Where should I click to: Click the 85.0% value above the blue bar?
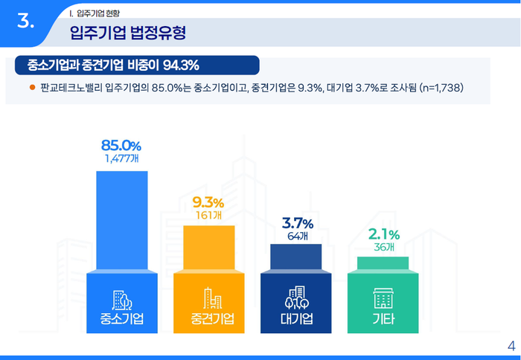point(121,144)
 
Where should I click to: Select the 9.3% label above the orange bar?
point(208,202)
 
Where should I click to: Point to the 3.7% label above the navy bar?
point(298,223)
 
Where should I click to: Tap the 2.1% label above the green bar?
point(384,234)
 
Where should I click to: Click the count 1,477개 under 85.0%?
point(121,158)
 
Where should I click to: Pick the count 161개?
point(208,215)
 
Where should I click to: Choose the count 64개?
point(298,236)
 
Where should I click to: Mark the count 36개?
point(384,247)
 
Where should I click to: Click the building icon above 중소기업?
point(121,299)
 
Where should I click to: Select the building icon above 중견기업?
point(209,299)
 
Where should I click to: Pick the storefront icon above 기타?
point(383,299)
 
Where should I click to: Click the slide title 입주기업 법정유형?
point(127,32)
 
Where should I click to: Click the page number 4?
point(511,345)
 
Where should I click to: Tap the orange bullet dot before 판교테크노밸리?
point(32,87)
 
